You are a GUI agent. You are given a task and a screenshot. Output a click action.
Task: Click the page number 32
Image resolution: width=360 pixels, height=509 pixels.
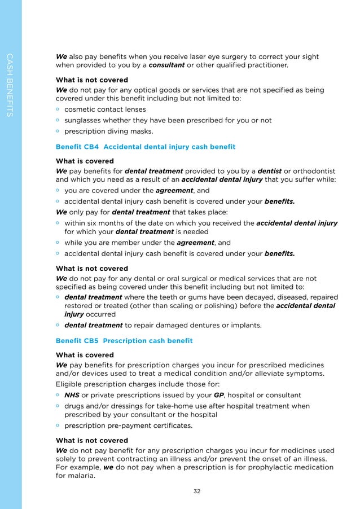click(x=197, y=491)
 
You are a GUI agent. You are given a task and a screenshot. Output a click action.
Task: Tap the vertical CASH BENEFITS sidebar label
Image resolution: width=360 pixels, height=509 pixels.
click(x=9, y=85)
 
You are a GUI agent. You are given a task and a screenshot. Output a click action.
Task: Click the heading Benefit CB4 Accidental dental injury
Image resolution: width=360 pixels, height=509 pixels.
click(x=146, y=147)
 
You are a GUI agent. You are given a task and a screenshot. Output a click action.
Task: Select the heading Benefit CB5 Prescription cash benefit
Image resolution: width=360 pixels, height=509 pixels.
click(x=124, y=341)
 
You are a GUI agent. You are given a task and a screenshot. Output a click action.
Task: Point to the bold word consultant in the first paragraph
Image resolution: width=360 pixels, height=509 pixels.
click(x=166, y=65)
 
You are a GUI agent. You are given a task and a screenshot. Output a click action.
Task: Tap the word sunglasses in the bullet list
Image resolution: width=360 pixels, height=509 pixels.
click(x=85, y=120)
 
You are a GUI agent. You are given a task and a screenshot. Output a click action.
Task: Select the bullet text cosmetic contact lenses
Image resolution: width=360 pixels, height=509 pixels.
click(x=105, y=109)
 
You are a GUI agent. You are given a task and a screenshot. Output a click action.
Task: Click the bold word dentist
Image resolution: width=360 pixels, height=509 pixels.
click(x=274, y=171)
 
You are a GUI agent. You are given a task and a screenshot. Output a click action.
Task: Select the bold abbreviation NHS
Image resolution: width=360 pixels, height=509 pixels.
click(x=72, y=394)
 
